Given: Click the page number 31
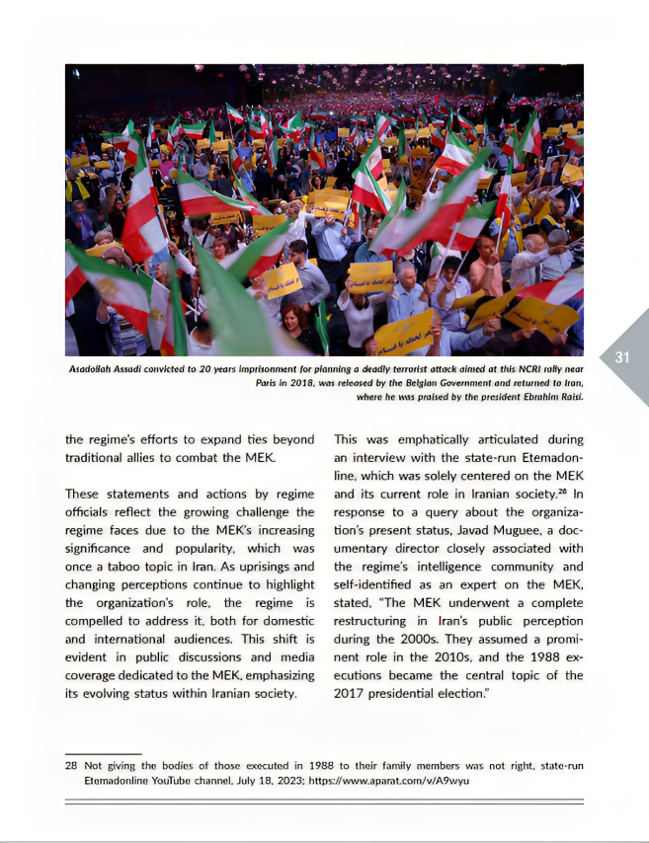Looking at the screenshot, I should coord(622,358).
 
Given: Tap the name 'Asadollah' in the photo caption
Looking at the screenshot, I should coord(93,369).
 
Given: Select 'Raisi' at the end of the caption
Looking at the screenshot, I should coord(568,397).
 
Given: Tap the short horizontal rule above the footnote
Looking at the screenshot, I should coord(103,752).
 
